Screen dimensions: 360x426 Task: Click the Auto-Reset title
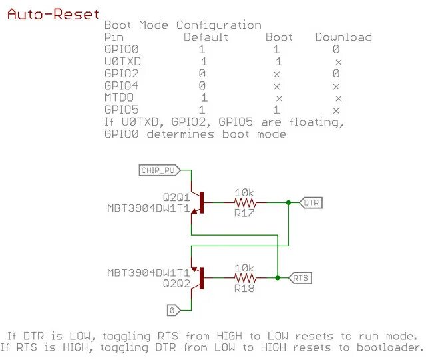point(53,14)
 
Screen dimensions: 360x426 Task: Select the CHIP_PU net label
point(158,170)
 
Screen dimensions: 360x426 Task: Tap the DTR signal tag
point(312,202)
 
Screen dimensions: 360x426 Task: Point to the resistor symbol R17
point(246,202)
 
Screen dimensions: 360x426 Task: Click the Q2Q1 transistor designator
point(176,198)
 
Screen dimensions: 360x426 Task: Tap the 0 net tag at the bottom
point(172,310)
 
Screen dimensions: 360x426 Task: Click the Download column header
point(343,37)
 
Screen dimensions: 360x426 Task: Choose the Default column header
point(206,37)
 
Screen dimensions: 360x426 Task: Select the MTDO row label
point(120,98)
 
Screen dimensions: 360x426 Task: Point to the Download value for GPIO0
point(337,49)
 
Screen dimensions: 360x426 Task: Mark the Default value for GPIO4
point(202,86)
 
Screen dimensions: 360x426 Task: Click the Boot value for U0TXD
point(278,61)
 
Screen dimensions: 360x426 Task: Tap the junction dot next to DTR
point(288,202)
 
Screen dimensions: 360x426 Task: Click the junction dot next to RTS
point(277,277)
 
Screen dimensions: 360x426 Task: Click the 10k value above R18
point(244,267)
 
